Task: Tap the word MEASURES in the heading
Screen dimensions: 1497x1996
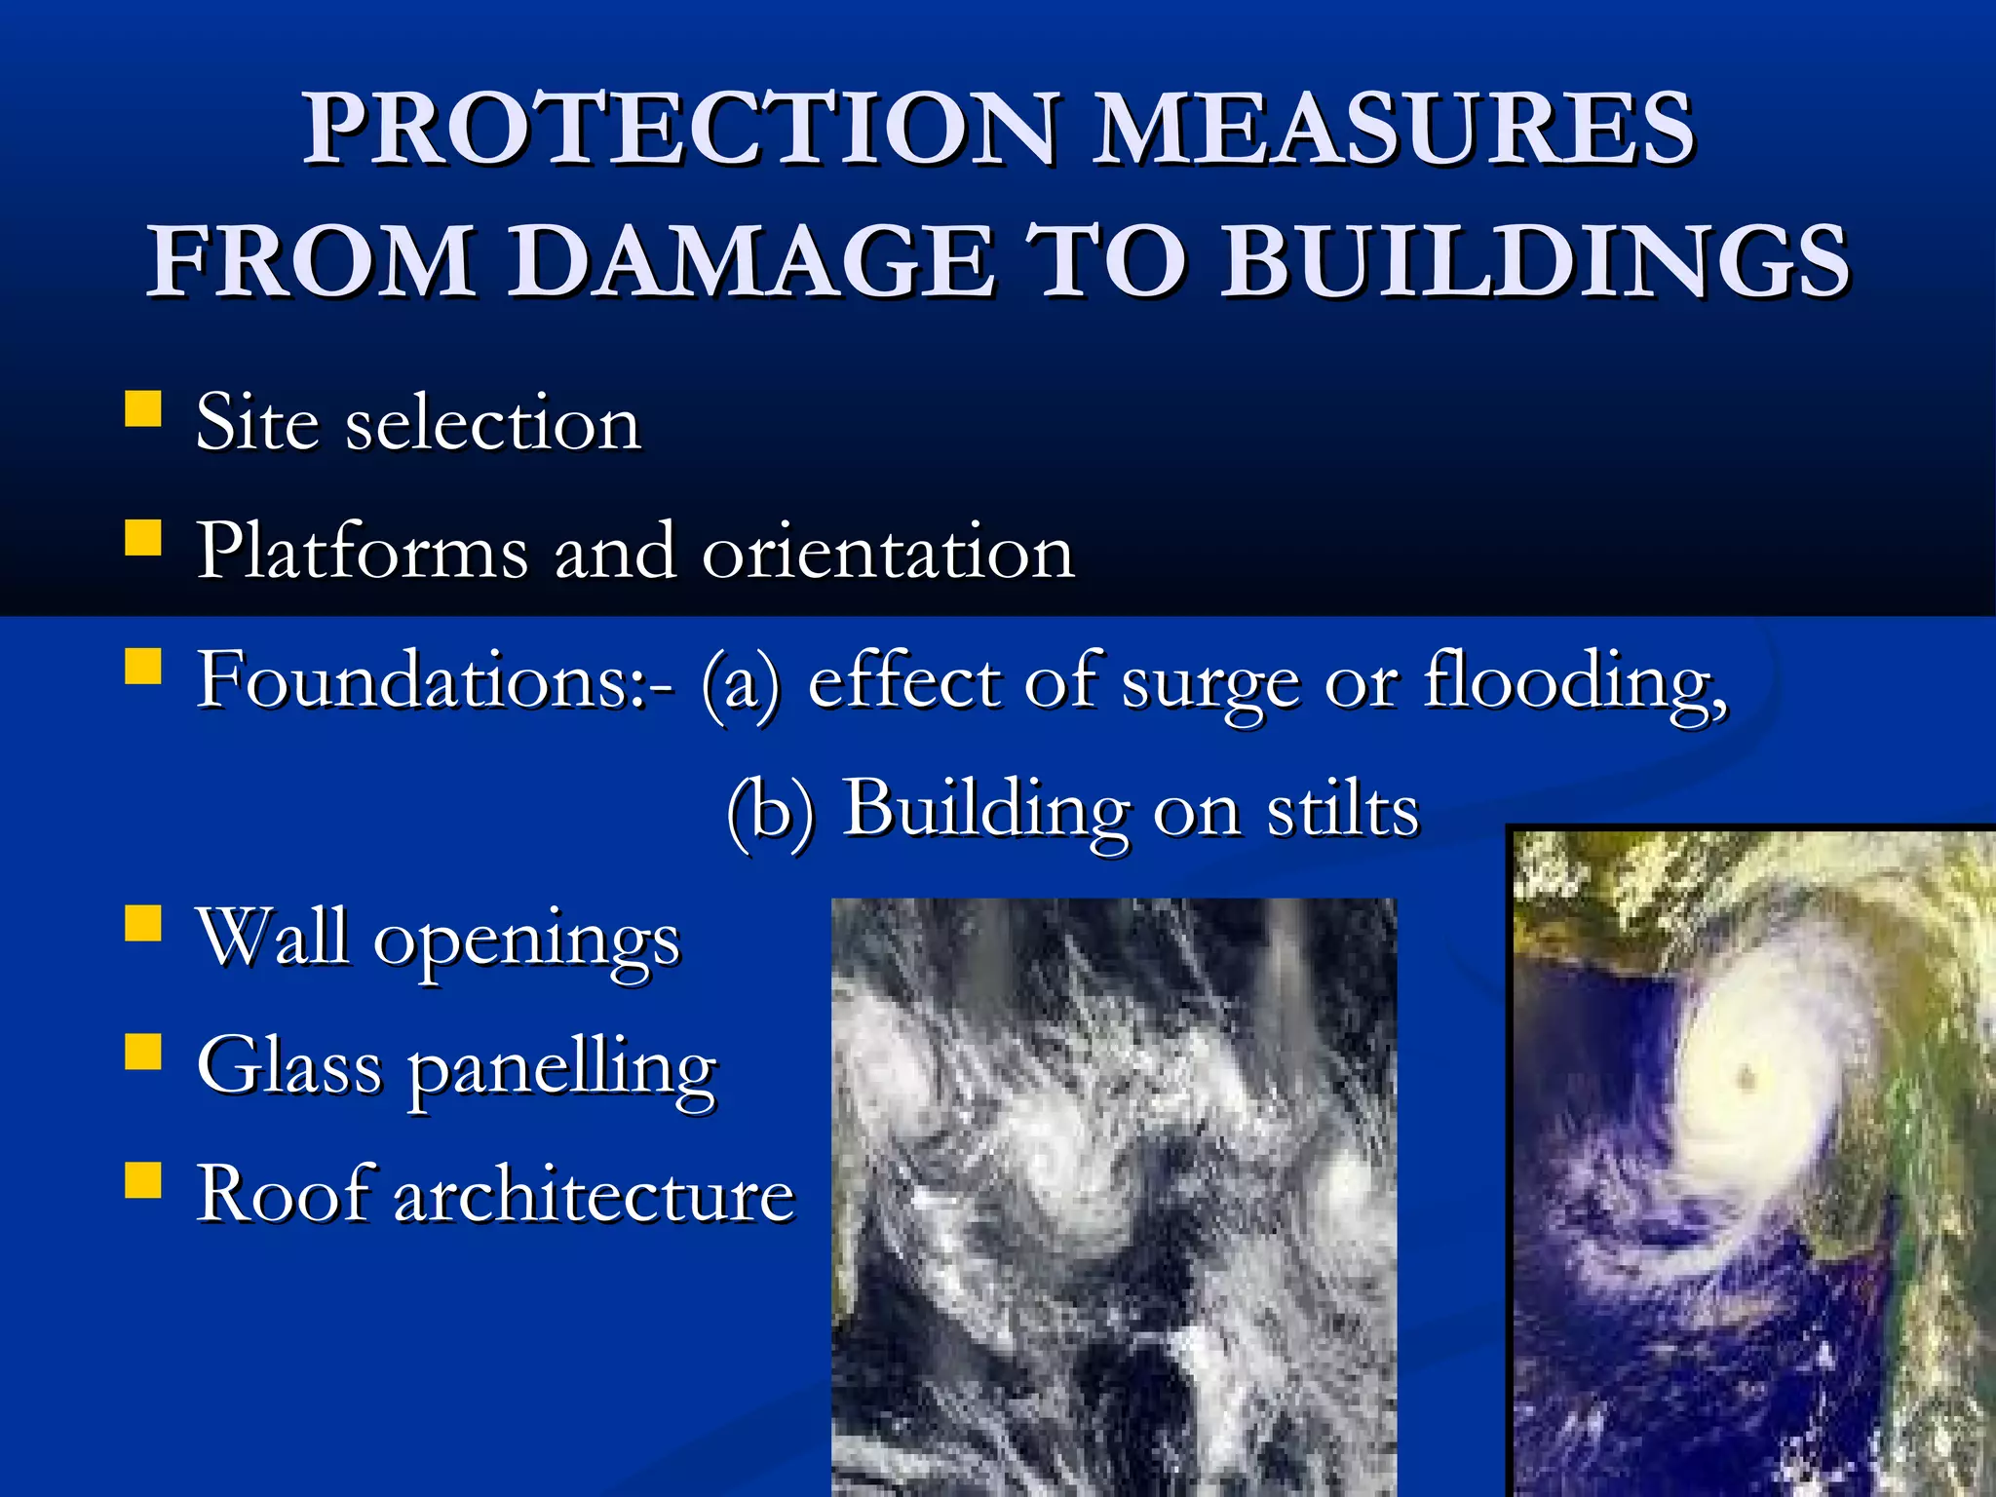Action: click(x=1394, y=129)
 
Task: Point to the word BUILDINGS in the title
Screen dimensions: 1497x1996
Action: click(x=1534, y=261)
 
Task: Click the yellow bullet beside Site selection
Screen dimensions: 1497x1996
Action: click(x=143, y=409)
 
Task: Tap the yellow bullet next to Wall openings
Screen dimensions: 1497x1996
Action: click(x=143, y=923)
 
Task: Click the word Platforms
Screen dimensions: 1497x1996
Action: click(x=362, y=553)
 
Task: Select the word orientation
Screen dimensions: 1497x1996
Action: click(x=888, y=553)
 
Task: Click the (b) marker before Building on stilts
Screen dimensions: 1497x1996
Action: click(x=770, y=811)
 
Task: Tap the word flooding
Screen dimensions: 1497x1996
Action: click(x=1575, y=682)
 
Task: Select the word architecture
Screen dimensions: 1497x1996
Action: click(x=595, y=1195)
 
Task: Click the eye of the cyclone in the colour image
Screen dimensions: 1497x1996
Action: click(x=1745, y=1077)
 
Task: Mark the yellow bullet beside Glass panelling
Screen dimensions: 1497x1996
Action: click(x=143, y=1052)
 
